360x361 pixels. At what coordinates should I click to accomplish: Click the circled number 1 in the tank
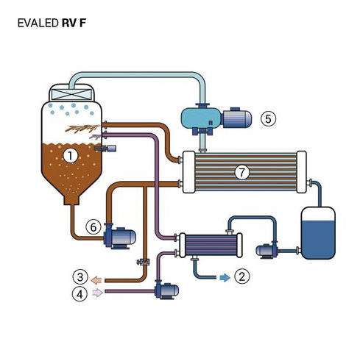click(x=70, y=156)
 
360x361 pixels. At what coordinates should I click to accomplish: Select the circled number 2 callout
click(x=242, y=276)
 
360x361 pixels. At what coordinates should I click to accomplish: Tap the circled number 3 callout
click(x=80, y=277)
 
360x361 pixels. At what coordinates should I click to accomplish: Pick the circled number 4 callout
click(x=80, y=293)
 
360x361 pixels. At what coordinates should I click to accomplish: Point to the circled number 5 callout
click(x=268, y=119)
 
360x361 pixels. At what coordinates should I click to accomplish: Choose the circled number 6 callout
click(x=93, y=227)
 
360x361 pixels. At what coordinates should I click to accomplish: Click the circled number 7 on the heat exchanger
click(x=242, y=172)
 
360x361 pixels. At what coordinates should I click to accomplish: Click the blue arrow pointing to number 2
click(x=225, y=278)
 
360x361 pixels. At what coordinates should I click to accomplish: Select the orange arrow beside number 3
click(x=96, y=280)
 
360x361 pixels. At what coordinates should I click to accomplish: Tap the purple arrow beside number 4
click(x=97, y=293)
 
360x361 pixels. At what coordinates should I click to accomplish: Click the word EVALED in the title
click(x=38, y=24)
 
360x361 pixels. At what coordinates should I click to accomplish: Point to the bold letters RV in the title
click(x=69, y=24)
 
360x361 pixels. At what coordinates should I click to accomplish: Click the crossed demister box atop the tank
click(x=71, y=94)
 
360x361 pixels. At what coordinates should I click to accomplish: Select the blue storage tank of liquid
click(x=318, y=233)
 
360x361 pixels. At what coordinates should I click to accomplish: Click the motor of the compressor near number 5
click(x=237, y=118)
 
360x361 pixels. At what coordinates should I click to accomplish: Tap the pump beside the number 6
click(x=119, y=236)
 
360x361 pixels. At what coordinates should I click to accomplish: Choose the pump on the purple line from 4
click(x=167, y=290)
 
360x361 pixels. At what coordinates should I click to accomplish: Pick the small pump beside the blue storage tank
click(x=267, y=250)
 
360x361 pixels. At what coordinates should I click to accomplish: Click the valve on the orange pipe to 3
click(x=144, y=262)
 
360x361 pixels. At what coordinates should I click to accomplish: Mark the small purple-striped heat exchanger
click(x=211, y=245)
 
